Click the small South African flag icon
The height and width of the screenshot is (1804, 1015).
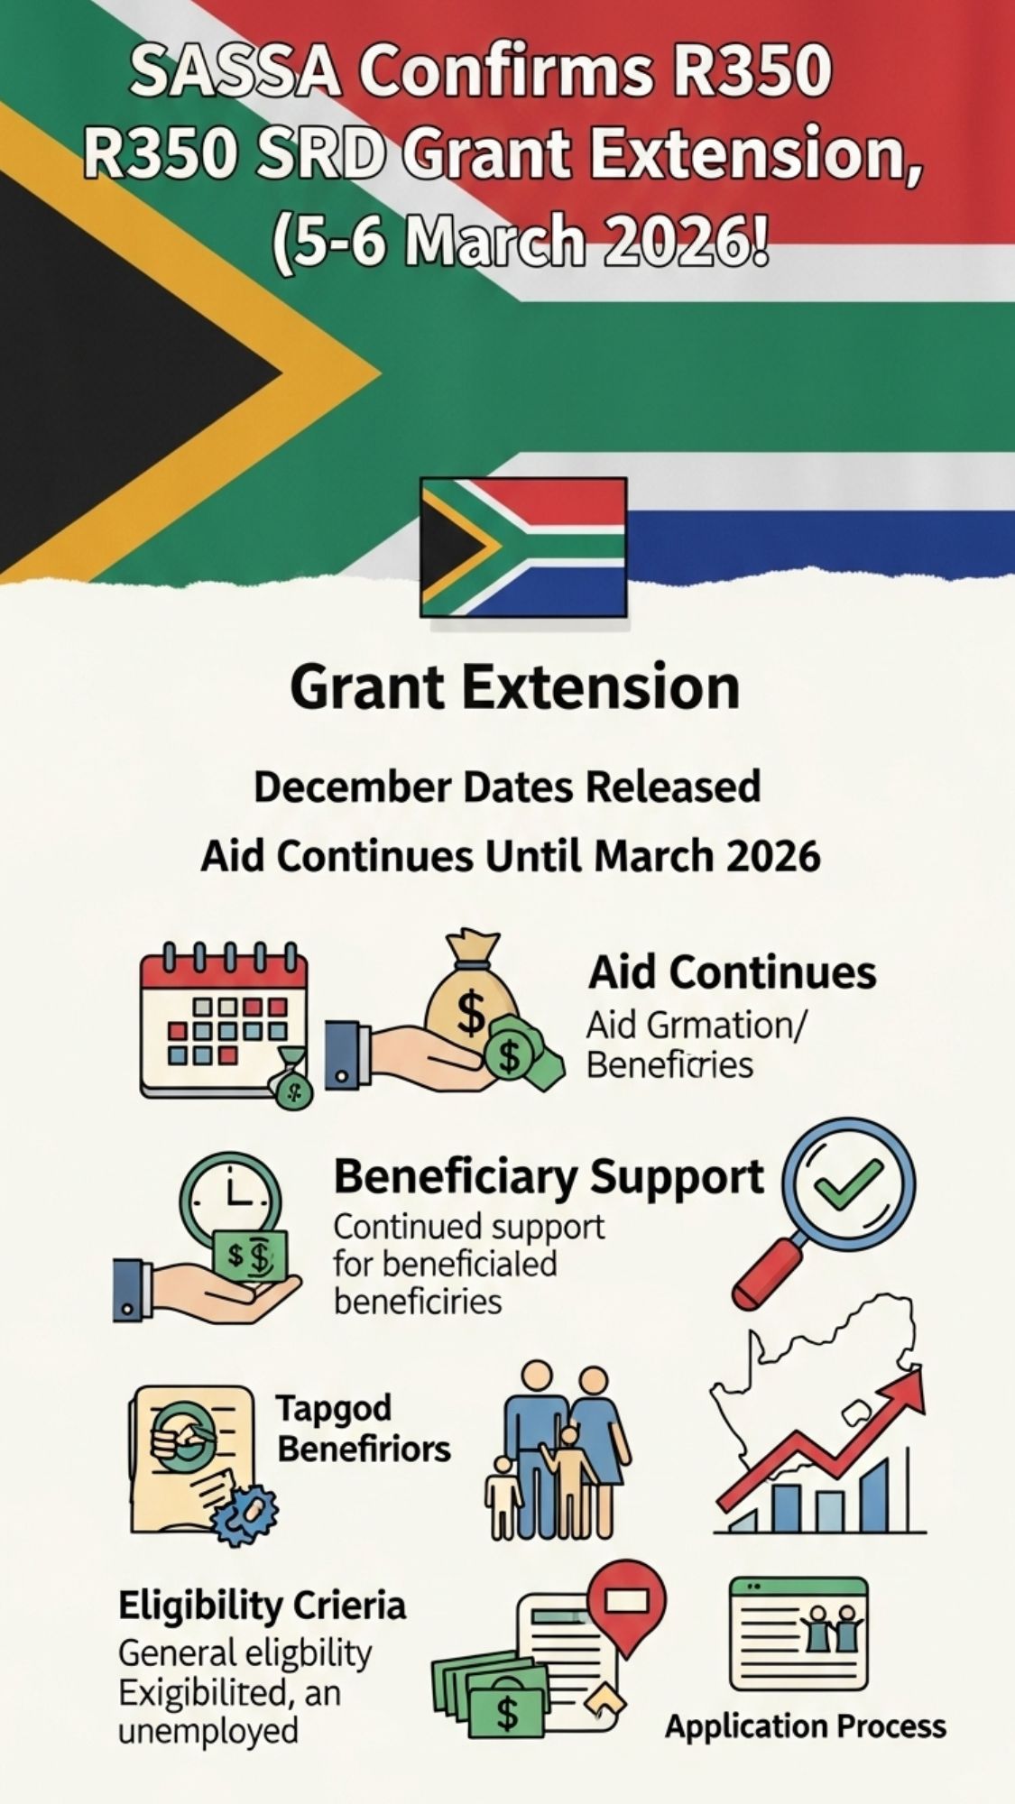coord(523,547)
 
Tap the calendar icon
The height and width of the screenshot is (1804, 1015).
coord(224,1019)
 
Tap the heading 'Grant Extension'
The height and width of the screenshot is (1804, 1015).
coord(515,687)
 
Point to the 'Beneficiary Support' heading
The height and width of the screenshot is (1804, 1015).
coord(549,1177)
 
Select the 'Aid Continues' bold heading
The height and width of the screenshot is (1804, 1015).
coord(732,972)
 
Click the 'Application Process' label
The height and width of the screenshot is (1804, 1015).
coord(805,1726)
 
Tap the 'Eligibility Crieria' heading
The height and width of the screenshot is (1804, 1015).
coord(263,1606)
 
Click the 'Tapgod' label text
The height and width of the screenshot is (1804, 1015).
coord(333,1408)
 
